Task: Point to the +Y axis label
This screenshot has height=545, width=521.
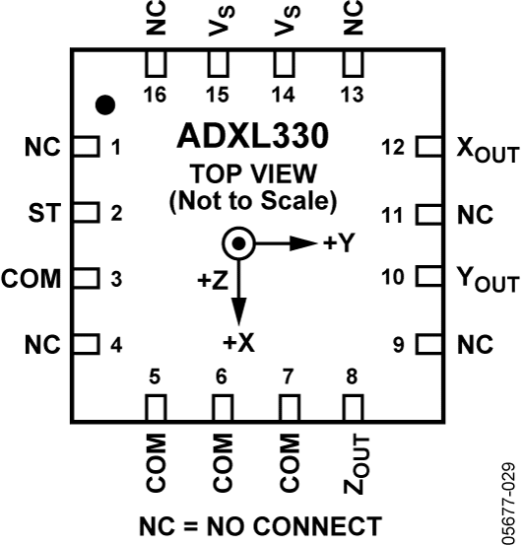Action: point(338,243)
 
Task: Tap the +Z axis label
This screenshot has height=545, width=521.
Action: point(213,282)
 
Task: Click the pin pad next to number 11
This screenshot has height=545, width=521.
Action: point(427,213)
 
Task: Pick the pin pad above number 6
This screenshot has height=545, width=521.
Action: point(221,407)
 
